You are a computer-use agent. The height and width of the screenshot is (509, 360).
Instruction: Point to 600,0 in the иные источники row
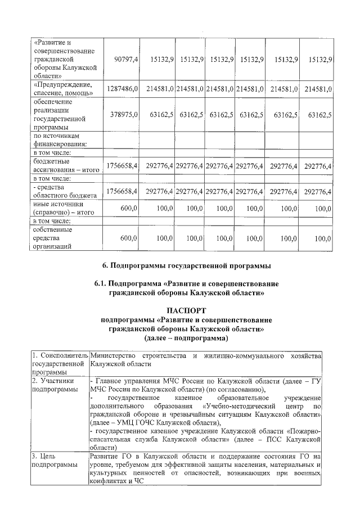click(x=129, y=209)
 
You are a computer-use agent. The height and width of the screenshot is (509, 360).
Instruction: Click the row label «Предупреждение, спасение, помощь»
click(x=62, y=89)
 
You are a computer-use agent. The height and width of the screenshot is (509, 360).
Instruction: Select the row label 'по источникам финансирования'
click(x=60, y=139)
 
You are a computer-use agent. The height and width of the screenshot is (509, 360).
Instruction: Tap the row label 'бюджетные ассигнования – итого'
click(x=62, y=165)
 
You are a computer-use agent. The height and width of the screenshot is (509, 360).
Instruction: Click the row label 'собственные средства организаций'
click(x=55, y=238)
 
